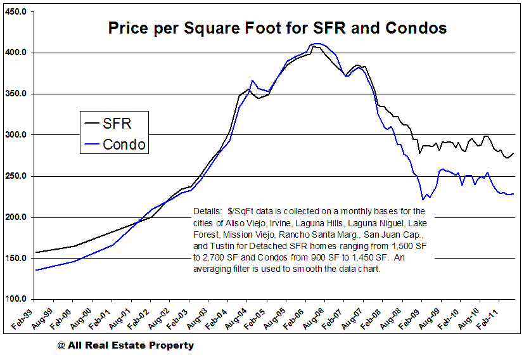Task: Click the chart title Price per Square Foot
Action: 278,29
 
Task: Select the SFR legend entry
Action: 117,122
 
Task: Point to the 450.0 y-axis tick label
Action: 15,11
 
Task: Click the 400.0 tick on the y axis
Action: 15,53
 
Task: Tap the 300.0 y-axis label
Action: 15,135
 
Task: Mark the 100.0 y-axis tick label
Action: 15,299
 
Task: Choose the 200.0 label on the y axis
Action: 15,217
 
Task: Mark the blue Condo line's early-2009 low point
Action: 423,200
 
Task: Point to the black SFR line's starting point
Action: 35,252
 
